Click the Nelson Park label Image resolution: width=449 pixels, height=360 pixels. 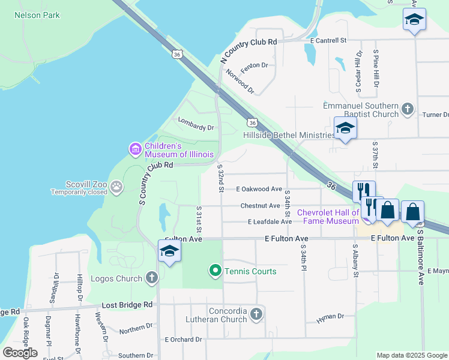(37, 15)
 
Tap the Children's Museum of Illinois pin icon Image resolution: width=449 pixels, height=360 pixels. (136, 148)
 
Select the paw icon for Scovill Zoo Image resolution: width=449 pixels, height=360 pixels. (116, 187)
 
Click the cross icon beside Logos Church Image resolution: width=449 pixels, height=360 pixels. (151, 278)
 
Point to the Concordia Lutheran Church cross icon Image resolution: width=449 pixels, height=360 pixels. (256, 314)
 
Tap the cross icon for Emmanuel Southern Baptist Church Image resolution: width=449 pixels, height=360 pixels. (408, 109)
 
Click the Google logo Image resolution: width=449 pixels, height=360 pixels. (20, 353)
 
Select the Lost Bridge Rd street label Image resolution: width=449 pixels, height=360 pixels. (127, 305)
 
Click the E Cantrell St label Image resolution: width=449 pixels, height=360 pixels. (329, 41)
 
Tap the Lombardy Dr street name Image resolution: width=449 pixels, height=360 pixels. (196, 127)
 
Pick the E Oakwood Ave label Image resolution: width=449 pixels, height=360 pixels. (259, 188)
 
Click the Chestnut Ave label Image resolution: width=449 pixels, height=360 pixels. (260, 206)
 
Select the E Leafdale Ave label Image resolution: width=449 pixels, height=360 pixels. (270, 221)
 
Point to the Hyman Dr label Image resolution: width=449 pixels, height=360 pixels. (330, 316)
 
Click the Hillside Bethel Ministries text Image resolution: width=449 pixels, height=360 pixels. (289, 135)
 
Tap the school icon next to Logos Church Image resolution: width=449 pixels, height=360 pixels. (170, 252)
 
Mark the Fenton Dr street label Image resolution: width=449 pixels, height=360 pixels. (254, 65)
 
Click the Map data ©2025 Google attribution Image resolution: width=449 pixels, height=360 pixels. (412, 355)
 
